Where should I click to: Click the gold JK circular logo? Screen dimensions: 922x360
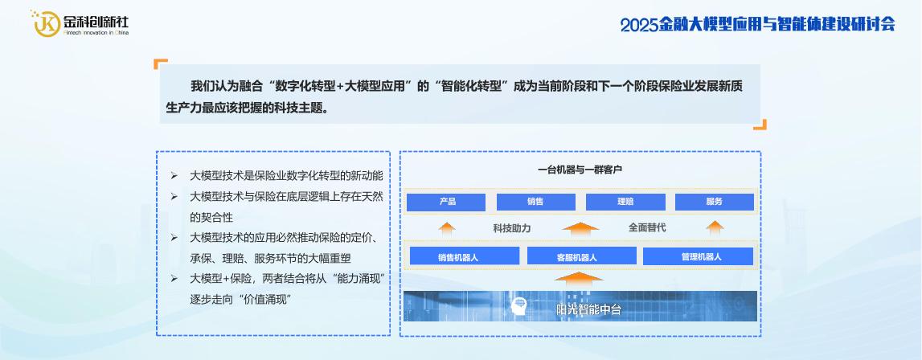click(x=47, y=23)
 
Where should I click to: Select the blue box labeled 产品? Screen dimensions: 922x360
click(x=446, y=202)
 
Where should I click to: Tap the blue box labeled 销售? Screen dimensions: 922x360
click(x=535, y=202)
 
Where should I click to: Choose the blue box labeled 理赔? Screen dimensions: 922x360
click(x=625, y=202)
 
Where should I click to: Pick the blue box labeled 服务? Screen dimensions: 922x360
click(x=715, y=202)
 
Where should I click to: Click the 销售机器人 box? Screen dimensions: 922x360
click(x=465, y=256)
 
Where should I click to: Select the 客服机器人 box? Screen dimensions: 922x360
click(x=581, y=256)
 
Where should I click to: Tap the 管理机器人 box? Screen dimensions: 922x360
click(x=698, y=256)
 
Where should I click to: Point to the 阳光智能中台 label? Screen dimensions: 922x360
click(x=588, y=309)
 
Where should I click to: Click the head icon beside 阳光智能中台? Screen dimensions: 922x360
click(x=518, y=306)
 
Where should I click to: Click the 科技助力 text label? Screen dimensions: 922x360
click(x=511, y=227)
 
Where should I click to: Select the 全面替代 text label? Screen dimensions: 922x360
click(x=647, y=227)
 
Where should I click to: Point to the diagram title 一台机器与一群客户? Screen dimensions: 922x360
click(x=580, y=170)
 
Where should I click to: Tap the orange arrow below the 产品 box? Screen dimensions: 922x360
click(x=447, y=228)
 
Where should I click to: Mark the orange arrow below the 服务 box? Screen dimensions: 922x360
click(x=715, y=228)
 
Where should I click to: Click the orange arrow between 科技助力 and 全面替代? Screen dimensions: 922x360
click(x=580, y=228)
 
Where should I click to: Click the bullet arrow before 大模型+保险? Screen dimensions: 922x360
click(x=174, y=278)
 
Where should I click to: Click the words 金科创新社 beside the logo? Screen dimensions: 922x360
click(x=96, y=22)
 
